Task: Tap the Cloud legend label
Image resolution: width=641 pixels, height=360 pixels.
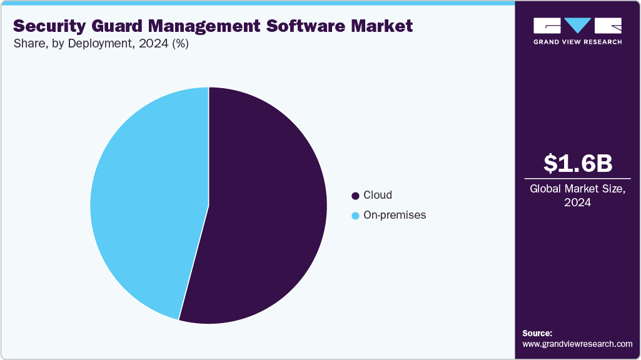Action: [378, 195]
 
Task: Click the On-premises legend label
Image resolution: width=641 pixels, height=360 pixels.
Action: [395, 215]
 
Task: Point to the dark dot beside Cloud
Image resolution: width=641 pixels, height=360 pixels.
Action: [356, 196]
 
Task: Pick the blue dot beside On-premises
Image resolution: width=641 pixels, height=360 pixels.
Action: [356, 216]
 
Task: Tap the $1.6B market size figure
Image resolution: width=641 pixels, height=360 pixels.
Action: [577, 163]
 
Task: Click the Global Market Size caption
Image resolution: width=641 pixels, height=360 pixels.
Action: [577, 189]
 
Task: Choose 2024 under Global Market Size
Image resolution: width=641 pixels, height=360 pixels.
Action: [577, 202]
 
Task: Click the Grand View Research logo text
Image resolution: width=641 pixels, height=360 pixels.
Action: [577, 42]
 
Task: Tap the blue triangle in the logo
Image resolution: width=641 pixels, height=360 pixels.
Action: [577, 26]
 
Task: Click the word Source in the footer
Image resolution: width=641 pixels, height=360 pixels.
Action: [537, 333]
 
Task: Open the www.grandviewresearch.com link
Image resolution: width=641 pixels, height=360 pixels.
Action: [577, 344]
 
